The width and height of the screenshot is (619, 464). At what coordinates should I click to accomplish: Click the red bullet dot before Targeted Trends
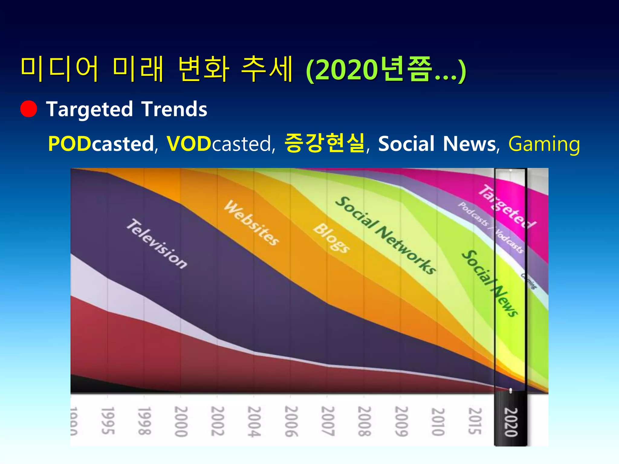point(29,109)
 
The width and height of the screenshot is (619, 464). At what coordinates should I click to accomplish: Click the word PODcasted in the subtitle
point(101,144)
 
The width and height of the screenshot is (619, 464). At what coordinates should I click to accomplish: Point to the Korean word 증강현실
point(325,143)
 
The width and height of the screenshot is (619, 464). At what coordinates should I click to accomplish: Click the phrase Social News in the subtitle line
point(437,144)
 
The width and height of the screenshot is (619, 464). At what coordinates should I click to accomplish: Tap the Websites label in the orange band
point(251,223)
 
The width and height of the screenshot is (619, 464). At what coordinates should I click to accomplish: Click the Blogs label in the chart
point(331,238)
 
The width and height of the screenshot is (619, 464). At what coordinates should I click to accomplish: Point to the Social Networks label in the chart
point(386,235)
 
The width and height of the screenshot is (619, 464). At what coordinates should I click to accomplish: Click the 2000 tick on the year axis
point(181,421)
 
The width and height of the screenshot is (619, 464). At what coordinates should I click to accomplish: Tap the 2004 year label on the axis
point(254,421)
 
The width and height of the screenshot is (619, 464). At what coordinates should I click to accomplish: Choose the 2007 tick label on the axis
point(328,421)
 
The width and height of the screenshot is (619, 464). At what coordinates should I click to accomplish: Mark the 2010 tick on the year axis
point(438,422)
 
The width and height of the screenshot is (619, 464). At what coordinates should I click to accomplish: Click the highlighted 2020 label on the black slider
point(511,422)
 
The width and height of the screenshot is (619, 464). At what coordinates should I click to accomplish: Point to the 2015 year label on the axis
point(475,421)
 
